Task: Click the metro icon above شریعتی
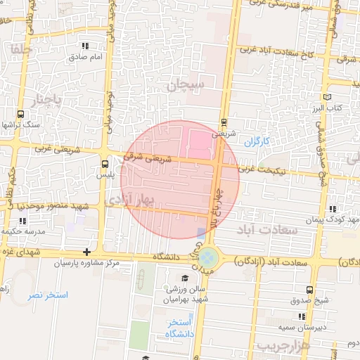coord(224,122)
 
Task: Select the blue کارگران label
coord(257,141)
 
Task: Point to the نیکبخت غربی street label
coord(259,169)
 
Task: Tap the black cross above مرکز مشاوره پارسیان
coord(86,252)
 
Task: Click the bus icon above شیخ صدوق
coord(310,290)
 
